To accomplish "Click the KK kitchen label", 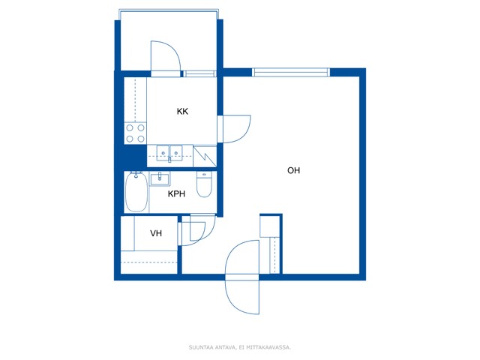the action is [182, 111].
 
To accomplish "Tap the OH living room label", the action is [293, 170].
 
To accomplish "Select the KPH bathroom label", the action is [176, 193].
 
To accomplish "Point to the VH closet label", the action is [156, 233].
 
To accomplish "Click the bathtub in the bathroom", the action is [136, 192].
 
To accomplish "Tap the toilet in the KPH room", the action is [204, 184].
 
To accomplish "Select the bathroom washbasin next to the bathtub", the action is [160, 179].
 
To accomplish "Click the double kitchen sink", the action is [169, 153].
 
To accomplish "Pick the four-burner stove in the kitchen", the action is [135, 133].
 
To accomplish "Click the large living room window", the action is [291, 72].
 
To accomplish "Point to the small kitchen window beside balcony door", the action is [199, 73].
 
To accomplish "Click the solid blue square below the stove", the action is [135, 156].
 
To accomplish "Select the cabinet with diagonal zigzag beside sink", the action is [205, 156].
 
